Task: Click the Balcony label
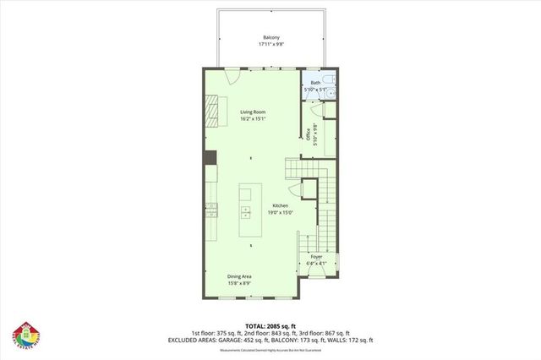point(270,37)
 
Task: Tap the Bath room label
point(315,82)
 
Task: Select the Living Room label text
point(251,112)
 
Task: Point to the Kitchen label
point(281,205)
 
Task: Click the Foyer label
point(316,255)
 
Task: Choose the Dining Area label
point(239,276)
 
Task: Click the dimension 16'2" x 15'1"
point(251,119)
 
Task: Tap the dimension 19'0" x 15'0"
point(281,212)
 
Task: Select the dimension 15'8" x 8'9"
point(239,283)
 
